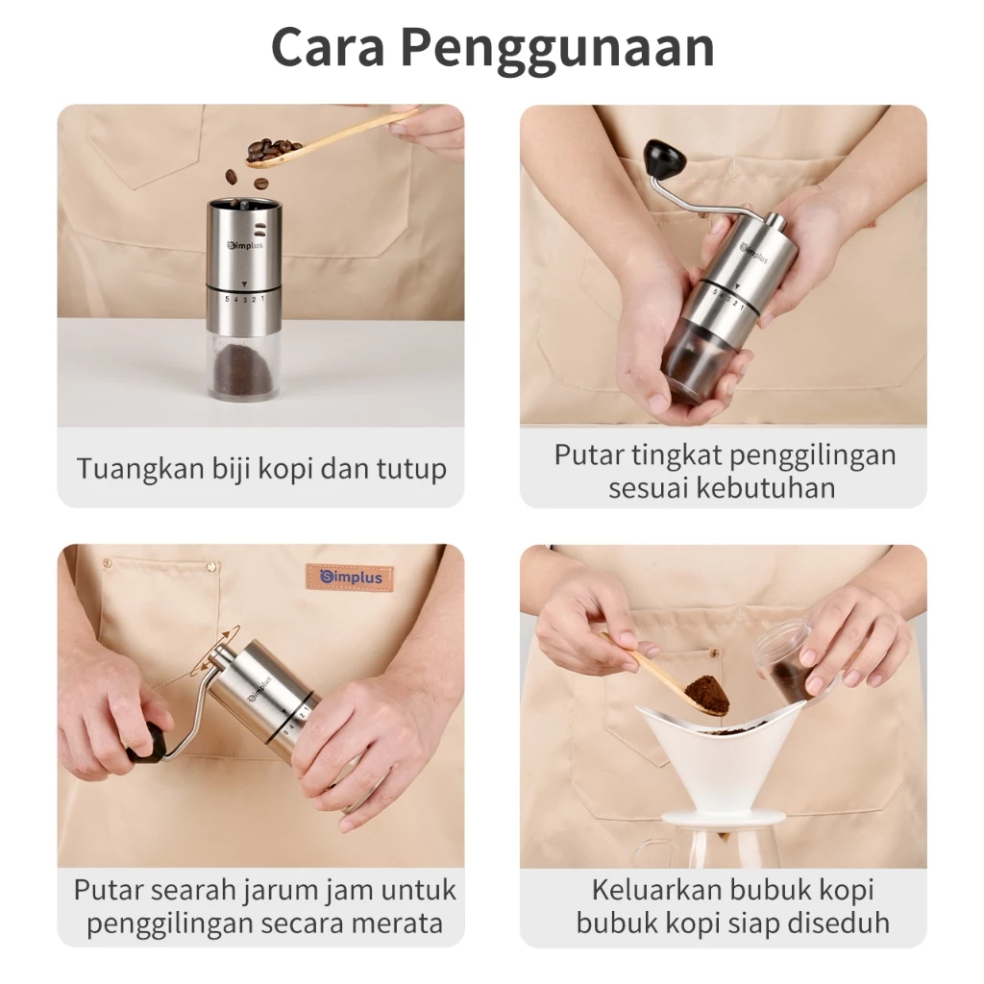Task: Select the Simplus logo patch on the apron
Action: point(350,578)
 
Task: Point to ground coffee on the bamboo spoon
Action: point(706,692)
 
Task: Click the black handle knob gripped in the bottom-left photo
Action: point(144,743)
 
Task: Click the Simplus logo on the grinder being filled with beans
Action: point(247,245)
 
